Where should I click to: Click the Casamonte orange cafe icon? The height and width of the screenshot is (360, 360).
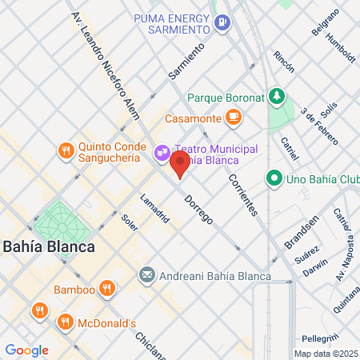(x=233, y=118)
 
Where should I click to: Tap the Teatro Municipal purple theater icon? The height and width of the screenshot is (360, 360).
(x=161, y=150)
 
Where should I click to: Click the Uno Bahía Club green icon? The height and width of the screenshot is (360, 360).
(x=274, y=178)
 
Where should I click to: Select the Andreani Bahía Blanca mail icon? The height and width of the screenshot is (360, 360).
(x=146, y=275)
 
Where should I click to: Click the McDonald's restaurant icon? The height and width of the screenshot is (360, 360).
(x=66, y=322)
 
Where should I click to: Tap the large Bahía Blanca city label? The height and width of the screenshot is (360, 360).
(x=47, y=246)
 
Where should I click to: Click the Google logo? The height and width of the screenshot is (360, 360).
(x=26, y=350)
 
